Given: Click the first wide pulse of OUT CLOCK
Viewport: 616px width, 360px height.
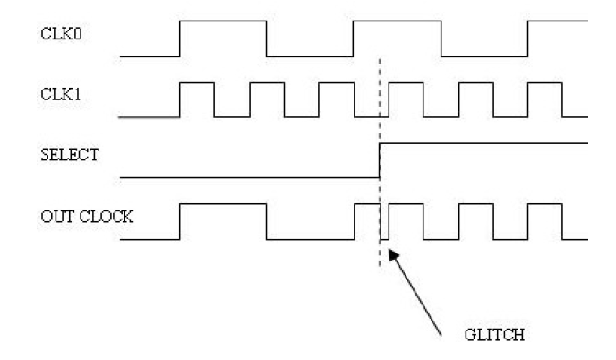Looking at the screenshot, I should pyautogui.click(x=223, y=207).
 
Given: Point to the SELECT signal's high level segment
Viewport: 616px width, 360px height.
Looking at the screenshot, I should pyautogui.click(x=483, y=143).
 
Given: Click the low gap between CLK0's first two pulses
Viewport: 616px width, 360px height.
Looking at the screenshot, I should pyautogui.click(x=310, y=56).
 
